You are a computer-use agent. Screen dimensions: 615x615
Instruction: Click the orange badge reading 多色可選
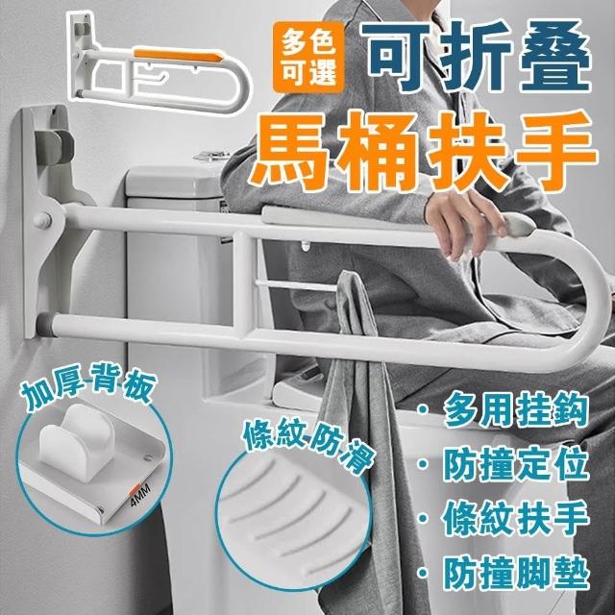tap(308, 58)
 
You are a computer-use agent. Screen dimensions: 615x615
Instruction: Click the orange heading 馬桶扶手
tap(425, 152)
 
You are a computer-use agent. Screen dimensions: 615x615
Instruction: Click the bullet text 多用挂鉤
tap(517, 410)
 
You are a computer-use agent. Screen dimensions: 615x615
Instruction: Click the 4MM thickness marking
tap(140, 495)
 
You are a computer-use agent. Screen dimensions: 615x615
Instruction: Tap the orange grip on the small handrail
tap(179, 56)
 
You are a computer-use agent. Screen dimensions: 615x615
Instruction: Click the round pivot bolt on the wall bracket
tap(43, 220)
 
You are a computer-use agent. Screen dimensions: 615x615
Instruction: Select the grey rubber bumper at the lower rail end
tap(43, 324)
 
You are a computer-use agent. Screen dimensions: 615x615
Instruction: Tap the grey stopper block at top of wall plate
tap(54, 144)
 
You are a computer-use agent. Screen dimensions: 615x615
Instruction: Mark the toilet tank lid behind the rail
tap(175, 181)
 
